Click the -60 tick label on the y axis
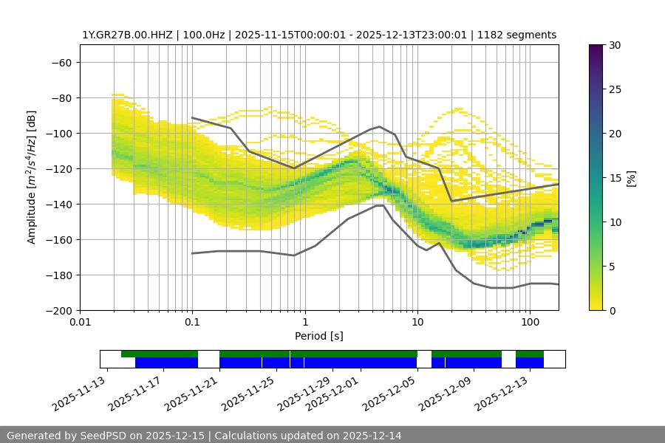click(x=61, y=62)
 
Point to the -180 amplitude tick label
click(x=58, y=275)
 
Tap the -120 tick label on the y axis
click(x=58, y=168)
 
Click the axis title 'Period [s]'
click(x=318, y=336)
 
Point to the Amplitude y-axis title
click(x=32, y=177)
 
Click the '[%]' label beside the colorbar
click(x=630, y=178)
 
